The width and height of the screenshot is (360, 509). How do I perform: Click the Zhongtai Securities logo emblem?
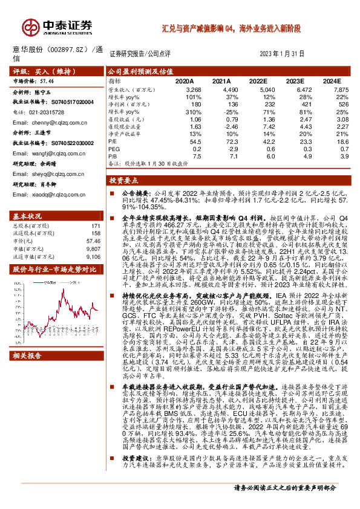[31, 26]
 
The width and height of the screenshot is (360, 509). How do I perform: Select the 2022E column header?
[258, 80]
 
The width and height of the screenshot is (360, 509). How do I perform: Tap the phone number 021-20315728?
[50, 112]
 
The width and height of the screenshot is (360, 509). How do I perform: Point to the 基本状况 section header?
[28, 216]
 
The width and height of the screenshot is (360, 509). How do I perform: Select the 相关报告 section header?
[28, 372]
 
